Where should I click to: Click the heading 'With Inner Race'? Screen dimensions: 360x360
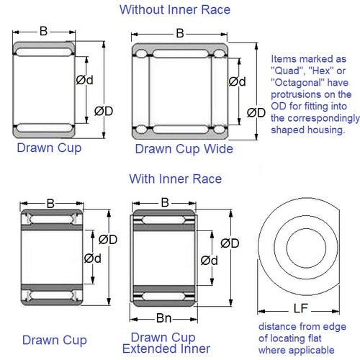pos(175,178)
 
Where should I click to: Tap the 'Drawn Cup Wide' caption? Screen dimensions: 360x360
pos(184,149)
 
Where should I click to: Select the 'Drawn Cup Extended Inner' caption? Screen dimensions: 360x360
pos(163,344)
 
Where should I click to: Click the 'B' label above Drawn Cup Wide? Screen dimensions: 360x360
pos(179,34)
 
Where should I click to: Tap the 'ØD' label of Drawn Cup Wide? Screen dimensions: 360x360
pos(256,112)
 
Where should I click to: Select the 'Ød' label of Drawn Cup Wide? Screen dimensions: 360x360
pos(237,81)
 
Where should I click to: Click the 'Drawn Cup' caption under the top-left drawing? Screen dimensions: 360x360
pos(48,148)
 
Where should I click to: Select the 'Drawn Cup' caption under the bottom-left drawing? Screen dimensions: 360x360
pos(55,339)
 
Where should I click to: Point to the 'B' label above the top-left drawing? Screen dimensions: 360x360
pos(44,32)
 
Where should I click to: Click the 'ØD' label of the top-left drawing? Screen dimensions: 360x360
pos(104,110)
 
